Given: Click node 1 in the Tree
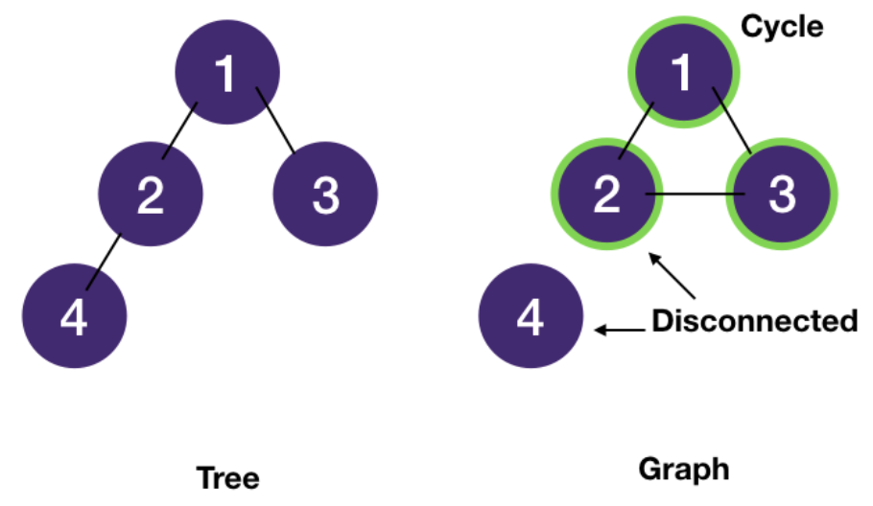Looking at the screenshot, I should [x=227, y=74].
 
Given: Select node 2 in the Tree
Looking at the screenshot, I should [x=151, y=195].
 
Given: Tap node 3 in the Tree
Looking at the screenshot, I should [x=325, y=195].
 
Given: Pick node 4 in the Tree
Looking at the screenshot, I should [x=74, y=316].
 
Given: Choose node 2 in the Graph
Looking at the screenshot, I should [x=606, y=195].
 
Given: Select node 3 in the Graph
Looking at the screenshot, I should [x=782, y=195].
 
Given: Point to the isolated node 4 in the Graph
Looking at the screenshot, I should [x=531, y=316].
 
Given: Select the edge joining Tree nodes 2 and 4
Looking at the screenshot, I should [x=104, y=260].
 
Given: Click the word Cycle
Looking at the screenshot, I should [x=782, y=26].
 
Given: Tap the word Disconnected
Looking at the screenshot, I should [x=754, y=320].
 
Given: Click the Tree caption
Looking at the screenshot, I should [x=227, y=477].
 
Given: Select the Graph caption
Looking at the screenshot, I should [x=683, y=469].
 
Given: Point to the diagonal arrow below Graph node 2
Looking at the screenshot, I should [x=671, y=276].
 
